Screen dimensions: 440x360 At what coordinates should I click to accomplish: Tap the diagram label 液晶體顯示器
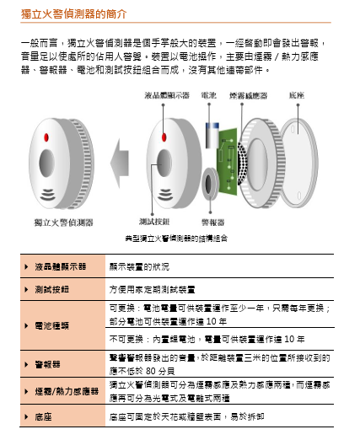166,96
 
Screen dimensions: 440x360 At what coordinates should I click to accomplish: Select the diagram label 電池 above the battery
207,96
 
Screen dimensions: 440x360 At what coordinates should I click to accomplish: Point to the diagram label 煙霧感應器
248,96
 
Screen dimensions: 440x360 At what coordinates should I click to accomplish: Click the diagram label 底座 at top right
298,96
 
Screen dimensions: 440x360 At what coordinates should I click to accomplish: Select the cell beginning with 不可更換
207,339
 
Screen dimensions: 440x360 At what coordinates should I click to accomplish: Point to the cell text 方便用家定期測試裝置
158,287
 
